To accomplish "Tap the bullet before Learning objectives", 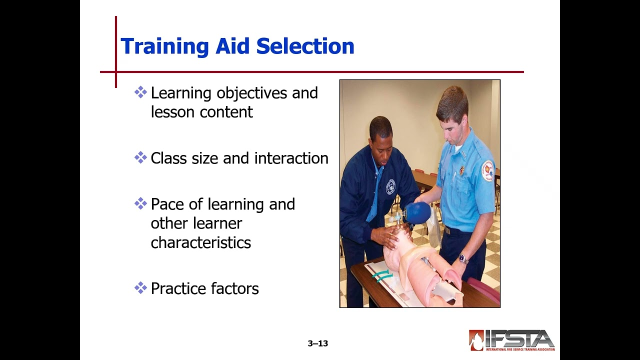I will point(140,92).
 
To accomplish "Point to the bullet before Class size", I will point(140,157).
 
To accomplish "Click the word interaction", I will point(291,158).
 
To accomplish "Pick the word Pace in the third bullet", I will point(167,204).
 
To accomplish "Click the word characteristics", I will point(200,242).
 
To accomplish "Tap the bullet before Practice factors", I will point(140,287).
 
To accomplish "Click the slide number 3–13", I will point(317,343).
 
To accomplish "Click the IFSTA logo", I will point(511,340).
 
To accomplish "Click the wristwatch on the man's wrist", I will point(463,258).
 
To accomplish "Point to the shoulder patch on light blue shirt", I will point(487,170).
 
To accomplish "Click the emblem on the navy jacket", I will point(390,186).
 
